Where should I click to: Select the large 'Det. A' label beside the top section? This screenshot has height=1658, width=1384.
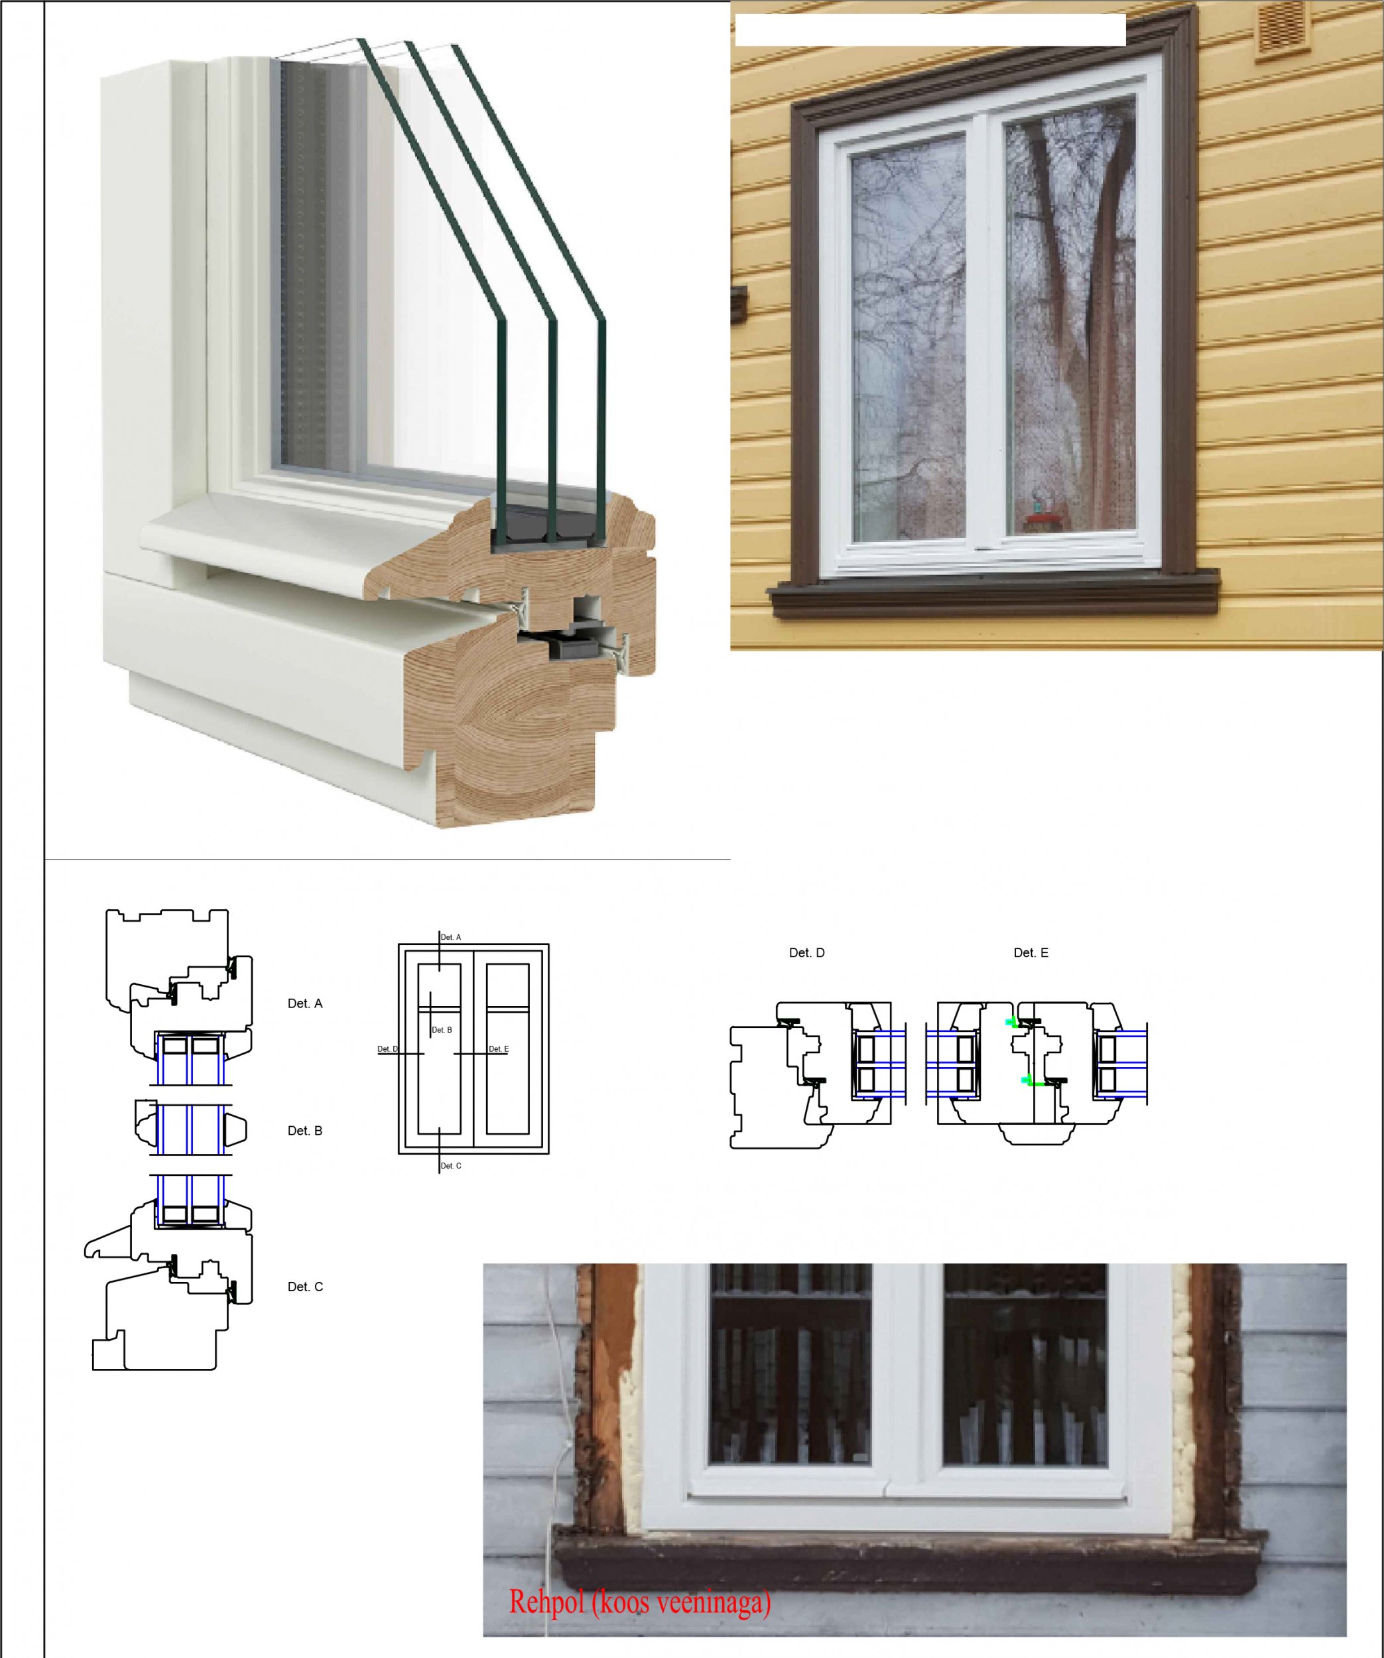[305, 1003]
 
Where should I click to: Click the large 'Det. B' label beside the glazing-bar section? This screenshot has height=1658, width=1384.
[305, 1131]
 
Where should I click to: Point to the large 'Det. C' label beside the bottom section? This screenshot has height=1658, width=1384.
[305, 1286]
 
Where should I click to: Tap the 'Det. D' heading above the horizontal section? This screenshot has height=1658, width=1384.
[807, 953]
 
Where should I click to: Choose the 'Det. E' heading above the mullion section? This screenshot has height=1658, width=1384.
[1031, 953]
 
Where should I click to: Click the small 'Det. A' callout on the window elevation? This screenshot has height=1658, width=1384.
[451, 937]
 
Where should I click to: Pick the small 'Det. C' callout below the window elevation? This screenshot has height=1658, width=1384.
[451, 1166]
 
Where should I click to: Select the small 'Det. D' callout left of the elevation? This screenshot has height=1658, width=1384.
[388, 1049]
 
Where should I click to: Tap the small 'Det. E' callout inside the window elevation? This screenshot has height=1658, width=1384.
[499, 1049]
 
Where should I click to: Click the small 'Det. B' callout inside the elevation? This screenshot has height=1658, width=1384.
[442, 1031]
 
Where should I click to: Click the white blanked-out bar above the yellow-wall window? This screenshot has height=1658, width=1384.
[930, 30]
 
